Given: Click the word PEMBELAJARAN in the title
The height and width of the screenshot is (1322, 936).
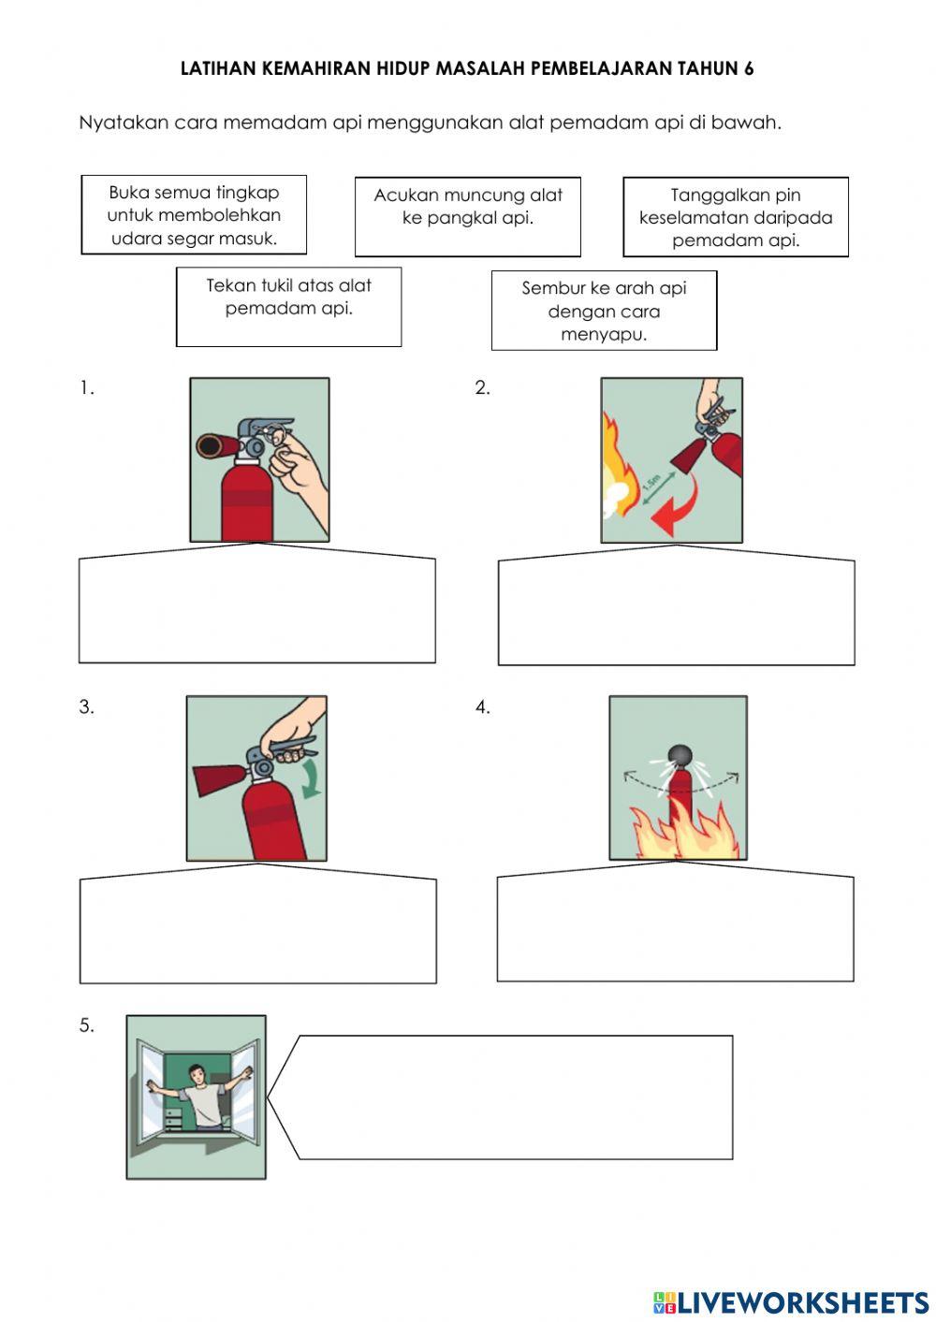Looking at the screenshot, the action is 601,68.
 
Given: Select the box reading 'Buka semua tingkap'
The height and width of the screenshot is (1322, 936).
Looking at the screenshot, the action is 194,215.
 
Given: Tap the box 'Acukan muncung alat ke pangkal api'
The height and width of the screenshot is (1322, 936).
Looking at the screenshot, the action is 468,217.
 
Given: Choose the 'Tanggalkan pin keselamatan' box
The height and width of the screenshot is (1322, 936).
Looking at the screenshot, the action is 736,217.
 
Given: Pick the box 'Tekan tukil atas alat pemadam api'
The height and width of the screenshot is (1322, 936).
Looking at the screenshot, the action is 289,307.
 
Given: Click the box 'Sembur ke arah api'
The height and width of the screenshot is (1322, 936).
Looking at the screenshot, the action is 604,311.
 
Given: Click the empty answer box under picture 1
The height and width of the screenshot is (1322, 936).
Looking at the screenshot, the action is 257,608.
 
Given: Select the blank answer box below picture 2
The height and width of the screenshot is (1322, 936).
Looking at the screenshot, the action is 676,611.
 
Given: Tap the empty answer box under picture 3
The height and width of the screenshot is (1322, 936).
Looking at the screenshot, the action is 258,928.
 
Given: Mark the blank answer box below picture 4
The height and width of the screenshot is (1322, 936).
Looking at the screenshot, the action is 676,925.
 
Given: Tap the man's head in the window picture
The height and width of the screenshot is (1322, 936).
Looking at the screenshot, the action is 196,1073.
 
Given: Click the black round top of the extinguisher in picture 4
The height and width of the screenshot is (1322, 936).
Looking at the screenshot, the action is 680,754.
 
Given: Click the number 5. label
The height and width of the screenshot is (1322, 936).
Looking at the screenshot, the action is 87,1025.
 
